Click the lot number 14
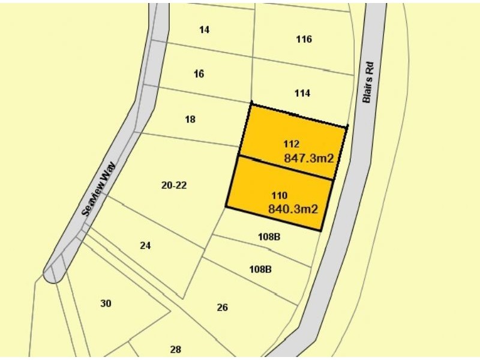click(x=204, y=29)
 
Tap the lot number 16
click(x=199, y=74)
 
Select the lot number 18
click(x=190, y=119)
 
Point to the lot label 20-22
click(x=174, y=185)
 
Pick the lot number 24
click(x=145, y=245)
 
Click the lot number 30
click(x=106, y=304)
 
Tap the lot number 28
click(x=175, y=349)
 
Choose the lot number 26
click(x=222, y=307)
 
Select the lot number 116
click(x=304, y=40)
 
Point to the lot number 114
click(x=302, y=94)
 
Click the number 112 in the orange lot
click(x=291, y=144)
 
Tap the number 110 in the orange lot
click(x=280, y=196)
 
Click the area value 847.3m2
click(x=308, y=158)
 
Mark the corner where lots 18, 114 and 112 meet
click(x=251, y=103)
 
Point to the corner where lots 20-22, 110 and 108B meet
click(x=226, y=208)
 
